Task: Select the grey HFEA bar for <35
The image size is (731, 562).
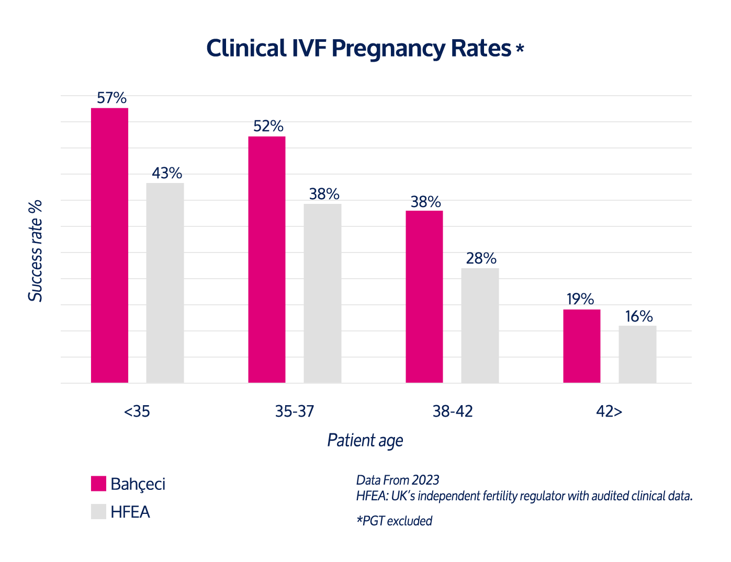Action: [165, 282]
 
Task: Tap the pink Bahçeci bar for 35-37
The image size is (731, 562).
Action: [267, 259]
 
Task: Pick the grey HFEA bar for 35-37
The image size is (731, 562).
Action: [322, 293]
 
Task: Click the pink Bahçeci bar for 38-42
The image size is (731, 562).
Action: [424, 296]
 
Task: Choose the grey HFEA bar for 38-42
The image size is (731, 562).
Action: [480, 325]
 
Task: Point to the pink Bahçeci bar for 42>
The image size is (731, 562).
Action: [582, 346]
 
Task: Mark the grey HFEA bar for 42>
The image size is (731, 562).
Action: [637, 354]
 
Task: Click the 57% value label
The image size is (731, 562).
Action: [112, 98]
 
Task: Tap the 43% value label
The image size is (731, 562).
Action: [167, 173]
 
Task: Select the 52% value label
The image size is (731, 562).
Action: [268, 126]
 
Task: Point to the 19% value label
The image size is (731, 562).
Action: [580, 299]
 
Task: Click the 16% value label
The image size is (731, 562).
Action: [639, 316]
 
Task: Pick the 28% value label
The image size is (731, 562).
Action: [481, 258]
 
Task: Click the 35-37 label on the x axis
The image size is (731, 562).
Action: [295, 411]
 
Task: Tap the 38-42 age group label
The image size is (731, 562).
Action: [453, 411]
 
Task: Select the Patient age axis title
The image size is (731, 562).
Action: [365, 440]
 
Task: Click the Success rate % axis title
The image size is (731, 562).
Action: [36, 251]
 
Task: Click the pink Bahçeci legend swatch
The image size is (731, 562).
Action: [98, 484]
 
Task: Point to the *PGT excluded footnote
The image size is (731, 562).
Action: [395, 521]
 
